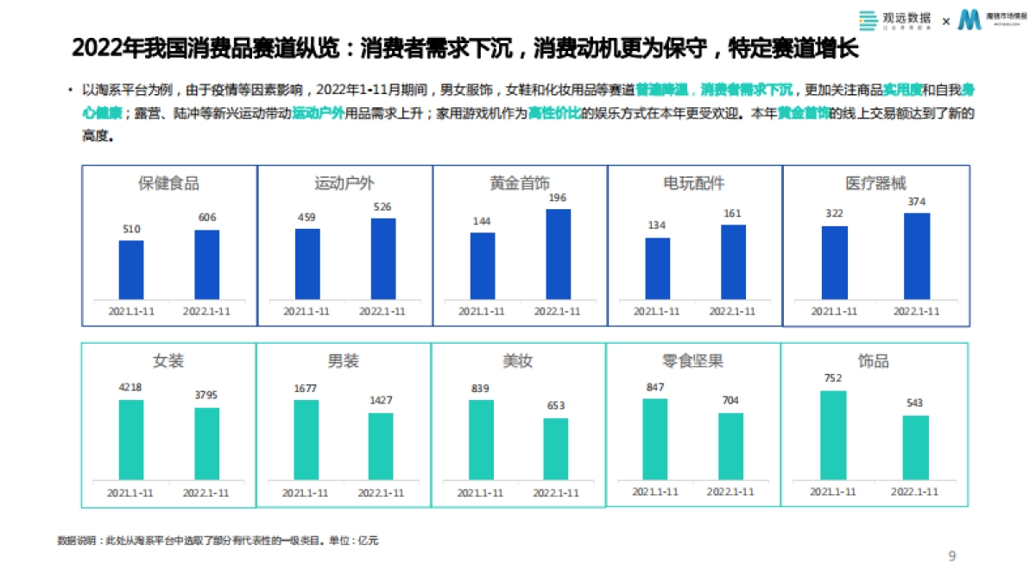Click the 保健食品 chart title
pos(169,183)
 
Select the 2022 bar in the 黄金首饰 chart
pos(558,254)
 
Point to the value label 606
pos(207,218)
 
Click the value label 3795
pos(206,396)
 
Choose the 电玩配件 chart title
pos(694,183)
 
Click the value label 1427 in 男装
pos(381,401)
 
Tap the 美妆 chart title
pos(517,361)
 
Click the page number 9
pos(952,555)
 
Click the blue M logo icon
pos(971,20)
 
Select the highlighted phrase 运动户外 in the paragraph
pos(319,113)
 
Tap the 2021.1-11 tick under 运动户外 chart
pos(306,312)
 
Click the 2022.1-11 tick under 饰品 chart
pos(914,491)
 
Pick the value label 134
pos(657,226)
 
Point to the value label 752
pos(833,378)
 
